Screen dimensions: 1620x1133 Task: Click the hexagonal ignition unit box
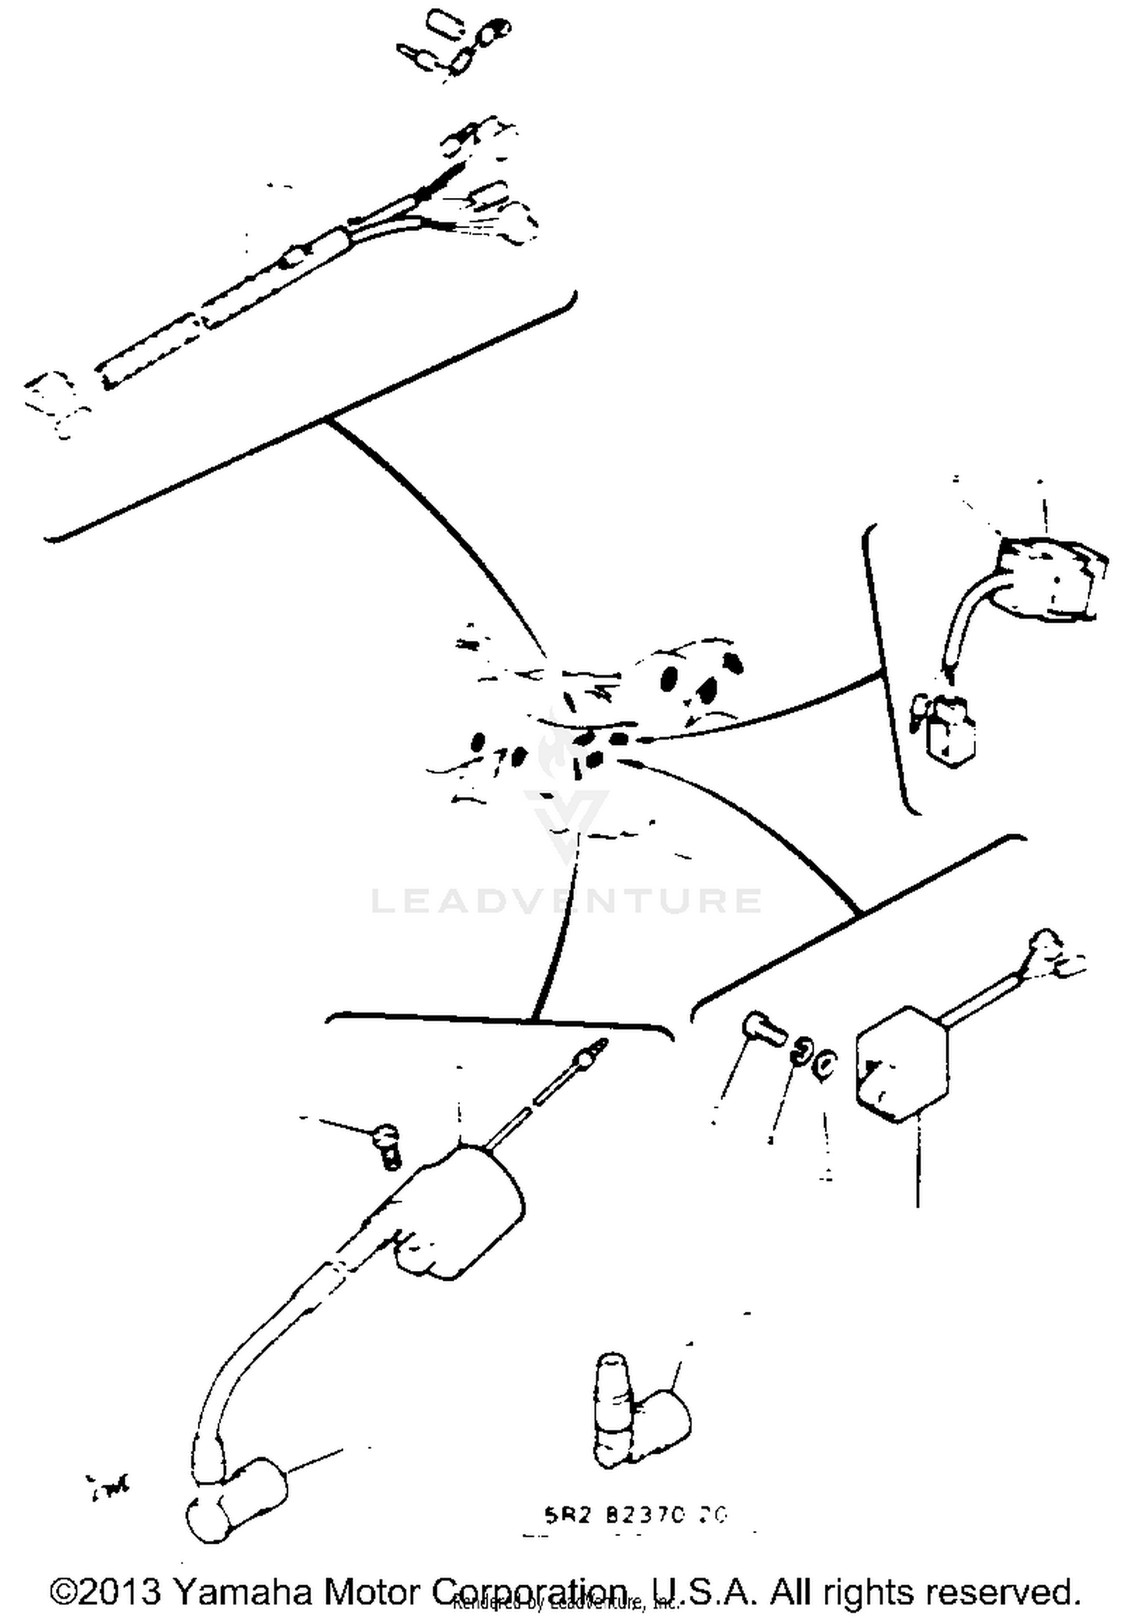(x=900, y=1065)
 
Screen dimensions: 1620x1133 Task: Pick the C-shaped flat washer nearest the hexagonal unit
(x=825, y=1064)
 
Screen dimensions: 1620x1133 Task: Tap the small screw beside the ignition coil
(x=387, y=1145)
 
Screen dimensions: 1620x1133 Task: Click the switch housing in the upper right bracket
(x=1046, y=578)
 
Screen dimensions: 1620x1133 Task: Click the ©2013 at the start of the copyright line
(x=106, y=1591)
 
